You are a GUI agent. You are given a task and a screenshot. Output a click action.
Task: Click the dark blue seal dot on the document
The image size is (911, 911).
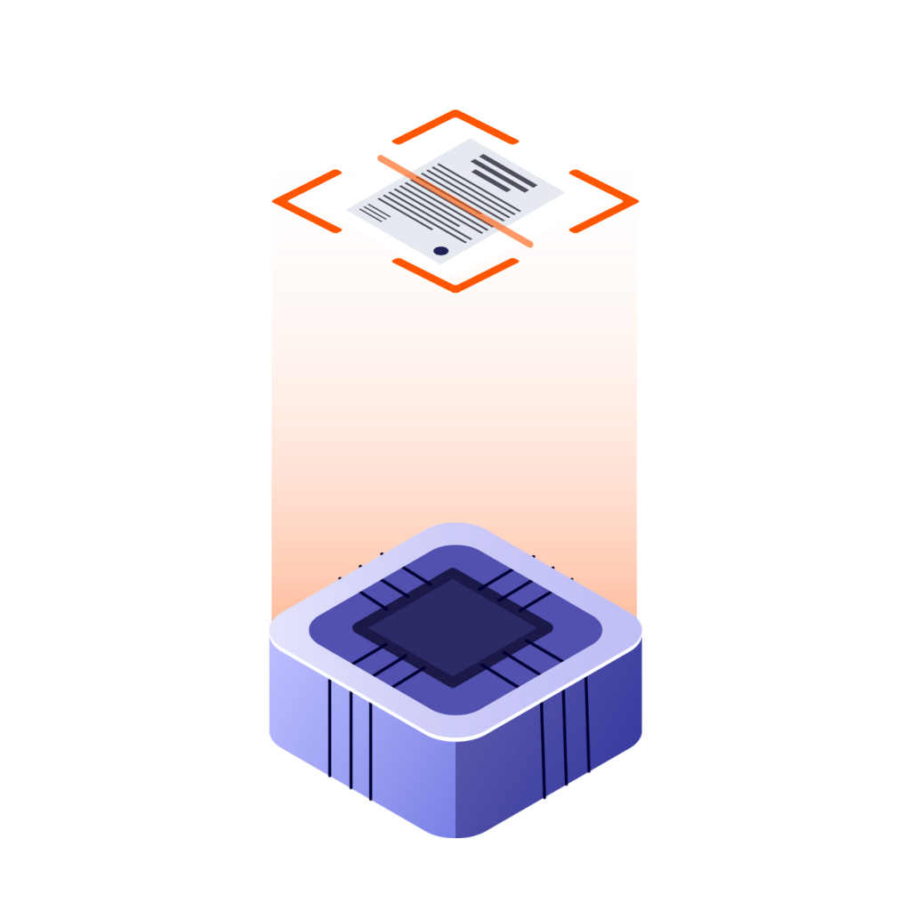(x=441, y=251)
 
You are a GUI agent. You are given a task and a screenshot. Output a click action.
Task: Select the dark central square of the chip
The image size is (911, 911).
(x=454, y=626)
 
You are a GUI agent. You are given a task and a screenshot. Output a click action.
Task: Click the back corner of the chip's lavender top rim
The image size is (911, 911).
(x=455, y=527)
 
